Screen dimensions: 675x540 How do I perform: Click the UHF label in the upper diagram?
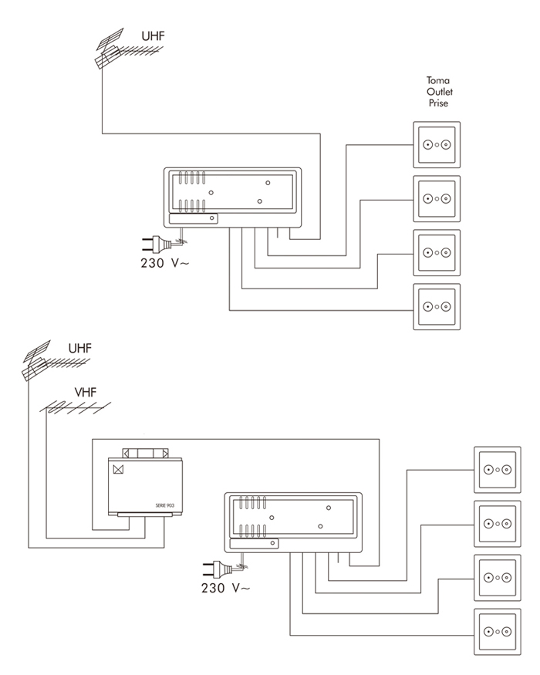(153, 35)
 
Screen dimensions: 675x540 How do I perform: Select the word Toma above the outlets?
(437, 80)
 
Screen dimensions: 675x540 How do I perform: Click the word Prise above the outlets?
(437, 102)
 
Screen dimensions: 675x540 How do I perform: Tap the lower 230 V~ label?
(225, 588)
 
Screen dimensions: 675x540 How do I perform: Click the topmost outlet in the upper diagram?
(437, 144)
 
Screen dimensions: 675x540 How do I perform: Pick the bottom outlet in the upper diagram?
(437, 306)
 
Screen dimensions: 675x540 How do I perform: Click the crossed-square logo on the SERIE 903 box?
(119, 469)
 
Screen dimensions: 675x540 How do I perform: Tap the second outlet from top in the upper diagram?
(437, 198)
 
